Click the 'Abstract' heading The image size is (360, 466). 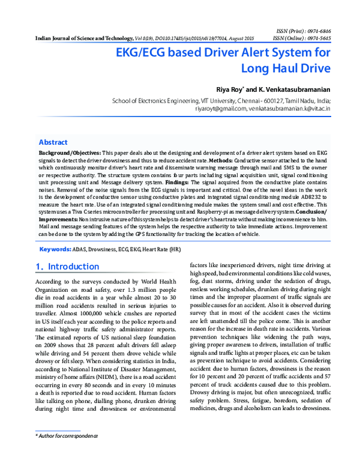click(x=53, y=142)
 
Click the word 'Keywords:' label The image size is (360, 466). click(x=55, y=248)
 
